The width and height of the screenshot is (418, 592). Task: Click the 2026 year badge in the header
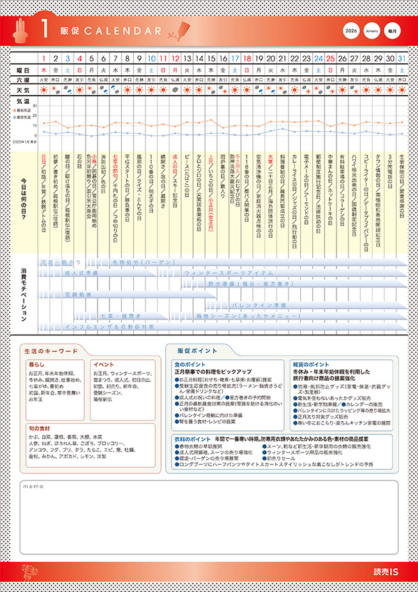pyautogui.click(x=352, y=31)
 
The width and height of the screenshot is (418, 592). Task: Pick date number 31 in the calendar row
pyautogui.click(x=402, y=58)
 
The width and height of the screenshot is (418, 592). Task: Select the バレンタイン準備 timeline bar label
pyautogui.click(x=258, y=305)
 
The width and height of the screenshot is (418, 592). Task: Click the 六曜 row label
pyautogui.click(x=24, y=80)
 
